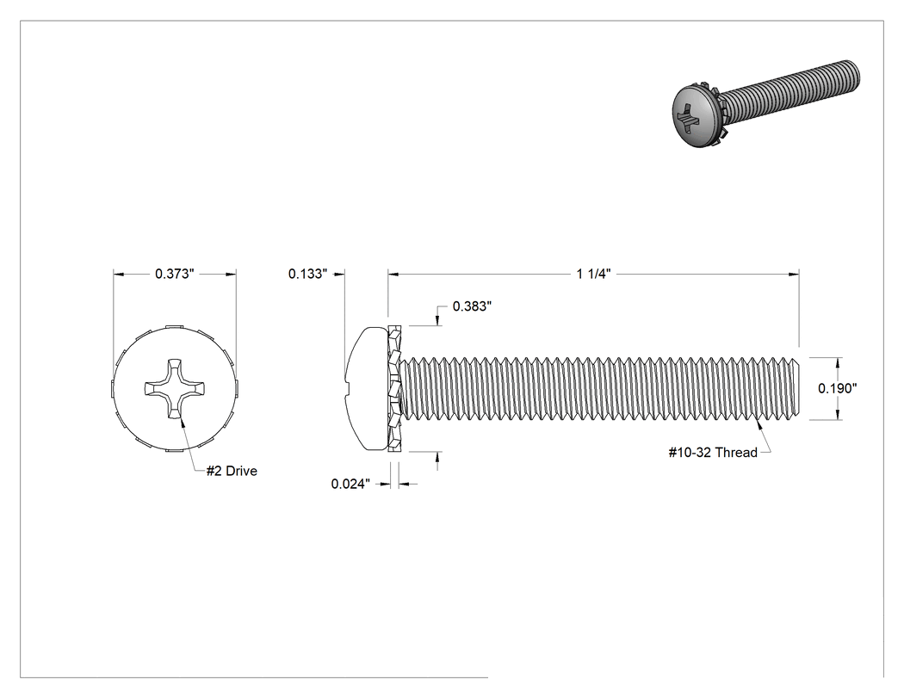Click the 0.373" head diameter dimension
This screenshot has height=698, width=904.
coord(174,274)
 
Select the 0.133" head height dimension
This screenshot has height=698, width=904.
coord(308,274)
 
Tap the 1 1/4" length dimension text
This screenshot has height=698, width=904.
coord(593,274)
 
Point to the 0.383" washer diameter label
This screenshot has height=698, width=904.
coord(472,306)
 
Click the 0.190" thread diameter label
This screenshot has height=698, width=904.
coord(838,388)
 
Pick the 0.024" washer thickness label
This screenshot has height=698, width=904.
coord(350,484)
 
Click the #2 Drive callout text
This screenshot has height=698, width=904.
coord(232,471)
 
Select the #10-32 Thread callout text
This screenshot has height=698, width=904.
coord(713,453)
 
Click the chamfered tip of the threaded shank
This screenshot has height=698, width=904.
coord(796,388)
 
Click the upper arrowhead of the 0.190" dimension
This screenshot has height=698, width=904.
coord(838,362)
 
